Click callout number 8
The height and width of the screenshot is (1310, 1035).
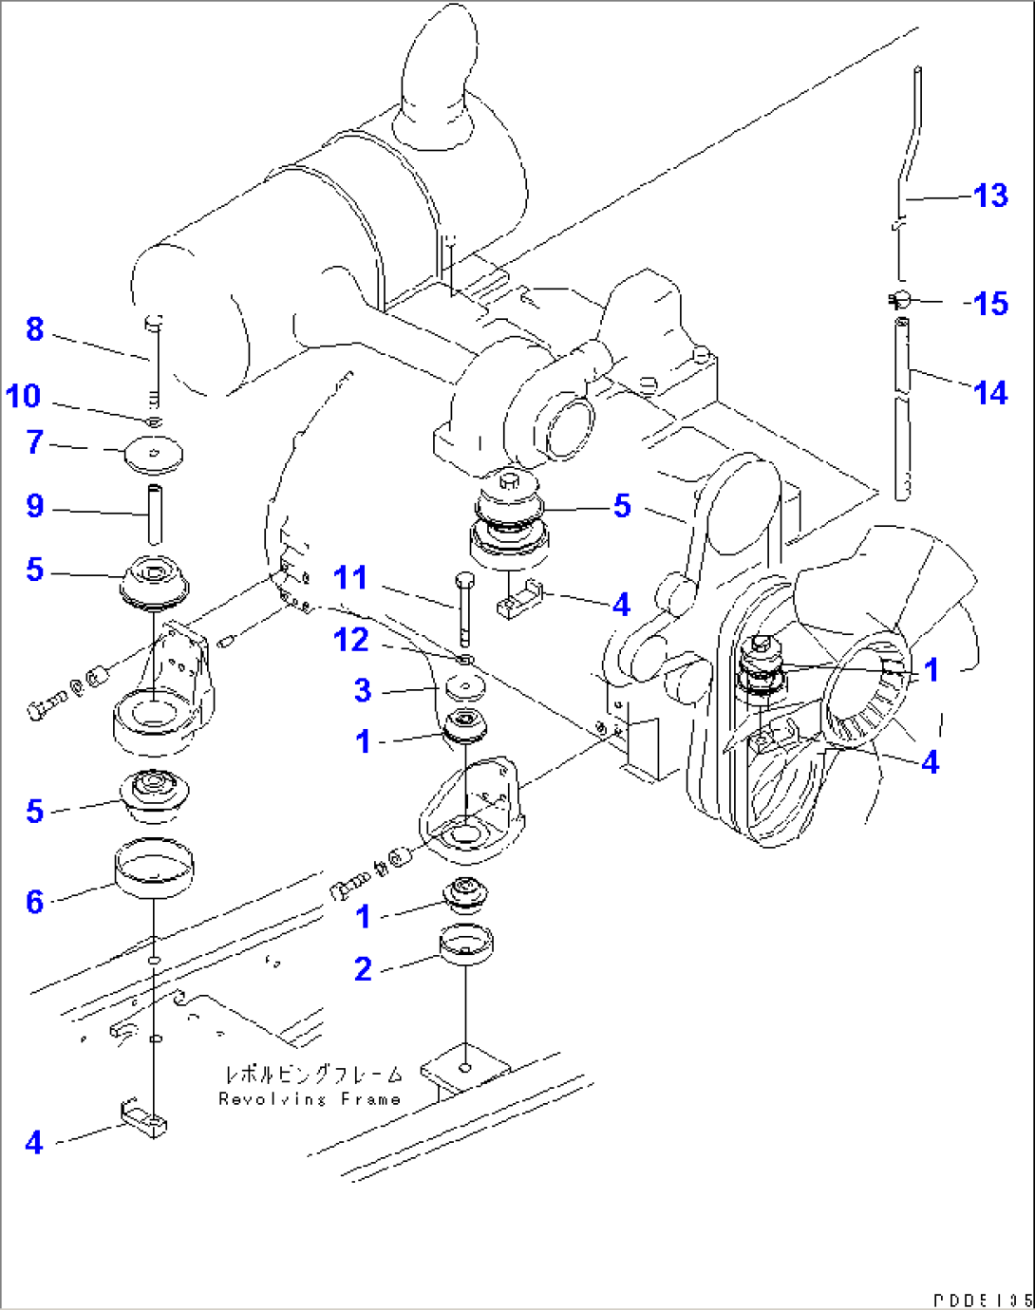pyautogui.click(x=35, y=329)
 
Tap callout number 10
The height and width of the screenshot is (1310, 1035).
pyautogui.click(x=24, y=396)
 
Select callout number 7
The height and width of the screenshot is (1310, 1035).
pyautogui.click(x=35, y=441)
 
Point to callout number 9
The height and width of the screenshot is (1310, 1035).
pyautogui.click(x=35, y=505)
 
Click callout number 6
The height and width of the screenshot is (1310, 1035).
pyautogui.click(x=35, y=901)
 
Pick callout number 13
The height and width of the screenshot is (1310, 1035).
pyautogui.click(x=990, y=196)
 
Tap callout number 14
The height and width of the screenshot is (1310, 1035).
pyautogui.click(x=990, y=392)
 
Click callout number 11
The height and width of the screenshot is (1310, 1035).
pyautogui.click(x=350, y=578)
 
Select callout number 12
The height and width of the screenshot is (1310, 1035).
pyautogui.click(x=350, y=640)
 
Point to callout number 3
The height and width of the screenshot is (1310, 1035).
pyautogui.click(x=363, y=690)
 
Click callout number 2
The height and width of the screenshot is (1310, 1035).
pyautogui.click(x=363, y=969)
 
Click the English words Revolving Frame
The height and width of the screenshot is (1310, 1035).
pyautogui.click(x=310, y=1099)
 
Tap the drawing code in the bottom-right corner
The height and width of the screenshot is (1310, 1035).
pyautogui.click(x=982, y=1300)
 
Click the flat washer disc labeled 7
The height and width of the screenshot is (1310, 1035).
pyautogui.click(x=154, y=454)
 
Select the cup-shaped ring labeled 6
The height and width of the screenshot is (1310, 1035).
pyautogui.click(x=154, y=867)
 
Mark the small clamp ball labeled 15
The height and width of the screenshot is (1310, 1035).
pyautogui.click(x=903, y=300)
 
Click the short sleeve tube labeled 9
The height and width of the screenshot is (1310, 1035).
pyautogui.click(x=155, y=514)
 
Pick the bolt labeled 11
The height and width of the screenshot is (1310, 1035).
pyautogui.click(x=464, y=608)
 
